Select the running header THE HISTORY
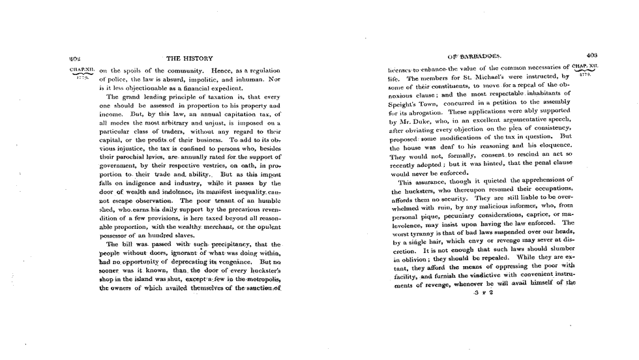coord(188,57)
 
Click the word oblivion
coord(408,260)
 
